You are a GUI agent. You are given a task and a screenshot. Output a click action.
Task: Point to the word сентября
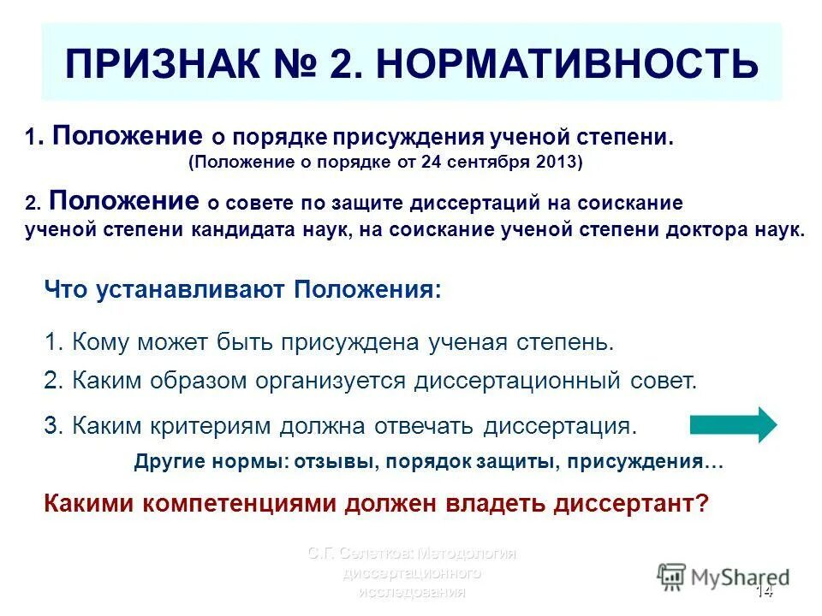click(x=486, y=163)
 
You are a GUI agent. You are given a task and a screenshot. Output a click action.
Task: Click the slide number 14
click(x=764, y=593)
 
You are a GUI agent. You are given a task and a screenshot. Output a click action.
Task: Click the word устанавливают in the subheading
click(x=185, y=289)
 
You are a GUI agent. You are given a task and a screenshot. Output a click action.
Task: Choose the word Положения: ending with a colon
click(x=368, y=289)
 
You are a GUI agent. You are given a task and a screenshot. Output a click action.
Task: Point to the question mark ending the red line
click(x=703, y=504)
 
